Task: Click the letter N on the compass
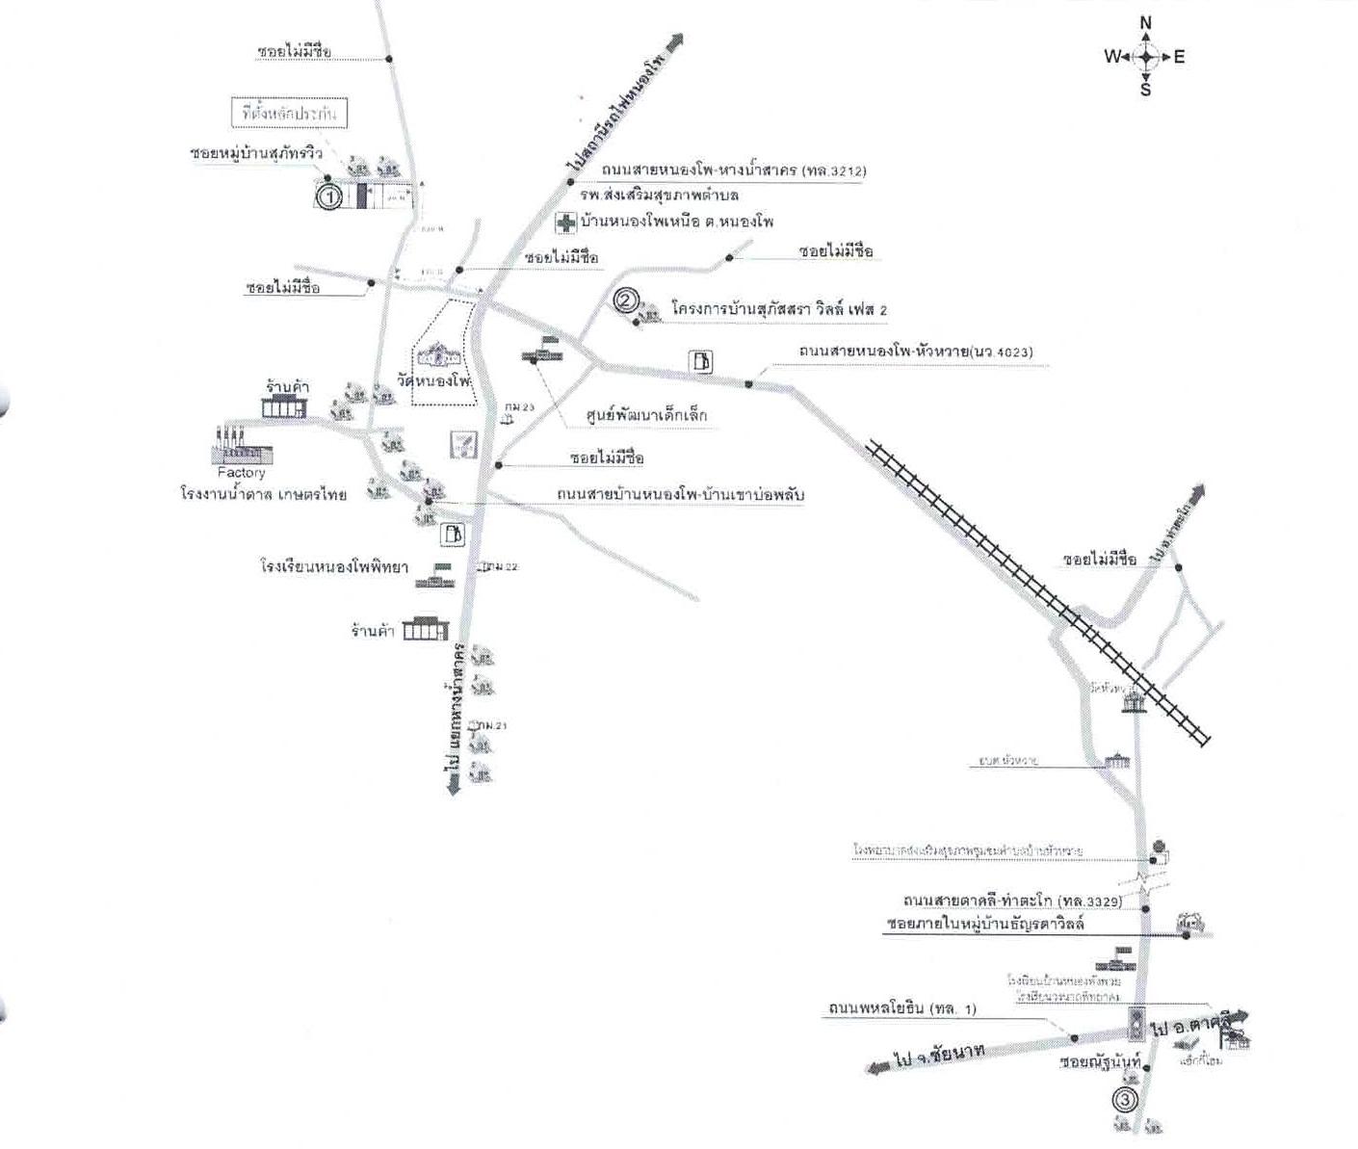(1145, 22)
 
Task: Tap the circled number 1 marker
(329, 197)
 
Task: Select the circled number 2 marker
(625, 301)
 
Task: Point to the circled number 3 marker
(1124, 1099)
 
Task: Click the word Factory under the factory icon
(241, 473)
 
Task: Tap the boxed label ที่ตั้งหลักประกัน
(290, 114)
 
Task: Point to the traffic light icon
(1137, 1024)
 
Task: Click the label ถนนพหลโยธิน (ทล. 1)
(901, 1009)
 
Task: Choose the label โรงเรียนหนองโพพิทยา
(333, 567)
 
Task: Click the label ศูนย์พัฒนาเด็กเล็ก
(646, 416)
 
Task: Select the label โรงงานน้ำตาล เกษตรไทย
(263, 494)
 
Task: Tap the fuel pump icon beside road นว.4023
(702, 362)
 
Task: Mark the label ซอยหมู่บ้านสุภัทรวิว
(255, 153)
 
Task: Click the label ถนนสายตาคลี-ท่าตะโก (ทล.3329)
(1011, 901)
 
